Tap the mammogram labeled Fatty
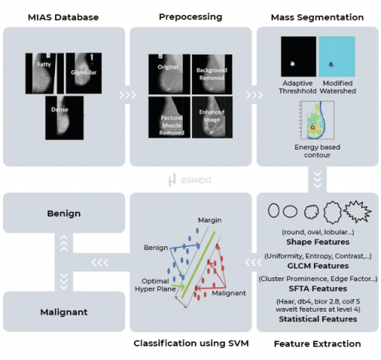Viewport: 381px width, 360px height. tap(44, 71)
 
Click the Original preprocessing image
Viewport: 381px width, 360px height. tap(168, 73)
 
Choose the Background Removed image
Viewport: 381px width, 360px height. tap(213, 73)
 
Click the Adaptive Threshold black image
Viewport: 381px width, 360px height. tap(297, 54)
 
